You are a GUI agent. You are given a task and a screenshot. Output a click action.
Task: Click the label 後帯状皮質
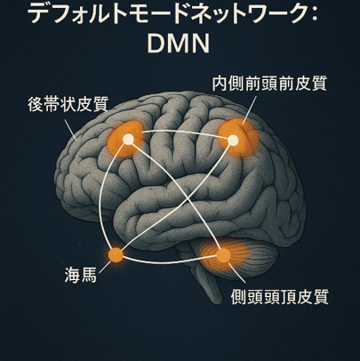(x=68, y=104)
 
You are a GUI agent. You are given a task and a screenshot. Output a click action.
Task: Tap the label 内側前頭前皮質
(x=269, y=83)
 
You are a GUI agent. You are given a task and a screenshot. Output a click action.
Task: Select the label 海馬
(x=81, y=275)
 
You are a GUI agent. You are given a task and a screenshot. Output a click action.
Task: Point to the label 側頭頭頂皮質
(x=280, y=296)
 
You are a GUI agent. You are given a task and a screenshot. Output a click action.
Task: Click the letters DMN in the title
(x=179, y=44)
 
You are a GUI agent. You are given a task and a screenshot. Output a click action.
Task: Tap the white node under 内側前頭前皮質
(x=233, y=140)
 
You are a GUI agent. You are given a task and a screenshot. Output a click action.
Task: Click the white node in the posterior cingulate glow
(x=128, y=139)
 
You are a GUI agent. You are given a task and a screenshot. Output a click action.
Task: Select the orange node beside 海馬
(x=116, y=255)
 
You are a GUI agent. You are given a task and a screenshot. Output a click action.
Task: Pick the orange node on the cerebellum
(x=223, y=255)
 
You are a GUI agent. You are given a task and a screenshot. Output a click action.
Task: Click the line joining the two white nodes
(x=180, y=132)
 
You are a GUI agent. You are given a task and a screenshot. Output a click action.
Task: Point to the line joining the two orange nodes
(x=169, y=262)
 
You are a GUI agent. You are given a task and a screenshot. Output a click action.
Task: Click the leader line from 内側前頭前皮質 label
(x=249, y=109)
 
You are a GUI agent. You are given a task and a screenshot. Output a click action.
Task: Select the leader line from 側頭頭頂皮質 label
(x=237, y=272)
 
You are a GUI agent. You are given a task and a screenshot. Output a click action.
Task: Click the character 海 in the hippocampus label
(x=73, y=275)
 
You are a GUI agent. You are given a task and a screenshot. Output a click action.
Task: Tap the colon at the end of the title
(x=315, y=15)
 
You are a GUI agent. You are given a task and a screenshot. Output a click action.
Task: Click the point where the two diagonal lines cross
(x=185, y=196)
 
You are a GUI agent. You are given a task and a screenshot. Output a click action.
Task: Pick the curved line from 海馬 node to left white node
(x=104, y=196)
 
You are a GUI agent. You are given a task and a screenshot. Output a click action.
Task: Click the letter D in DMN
(x=156, y=44)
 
